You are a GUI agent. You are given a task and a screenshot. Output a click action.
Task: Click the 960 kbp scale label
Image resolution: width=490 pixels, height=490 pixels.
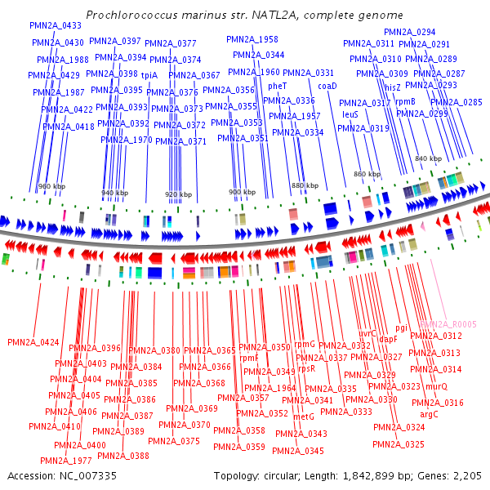(51, 187)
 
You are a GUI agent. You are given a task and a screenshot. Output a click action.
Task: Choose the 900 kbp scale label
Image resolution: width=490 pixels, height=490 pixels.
(242, 193)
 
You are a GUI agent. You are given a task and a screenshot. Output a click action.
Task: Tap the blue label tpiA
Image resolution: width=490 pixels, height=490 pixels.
(149, 75)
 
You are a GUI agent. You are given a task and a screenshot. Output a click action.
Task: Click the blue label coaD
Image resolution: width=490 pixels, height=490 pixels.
(327, 85)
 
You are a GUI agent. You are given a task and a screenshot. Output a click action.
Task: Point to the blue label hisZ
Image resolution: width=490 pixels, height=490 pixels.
(393, 86)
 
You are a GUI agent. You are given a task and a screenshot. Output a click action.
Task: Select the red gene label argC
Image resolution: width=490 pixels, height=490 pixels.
(429, 414)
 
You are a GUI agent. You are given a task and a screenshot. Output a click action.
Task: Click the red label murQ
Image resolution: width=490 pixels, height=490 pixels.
(436, 386)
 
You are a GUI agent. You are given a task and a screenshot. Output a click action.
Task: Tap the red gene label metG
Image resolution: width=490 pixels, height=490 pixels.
(303, 416)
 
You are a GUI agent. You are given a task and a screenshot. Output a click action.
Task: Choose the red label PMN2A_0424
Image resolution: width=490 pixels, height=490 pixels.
(33, 342)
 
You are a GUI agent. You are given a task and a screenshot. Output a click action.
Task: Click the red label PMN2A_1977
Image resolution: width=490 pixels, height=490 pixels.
(71, 460)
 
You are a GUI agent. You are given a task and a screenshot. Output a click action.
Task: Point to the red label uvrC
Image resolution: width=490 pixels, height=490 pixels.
(367, 333)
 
